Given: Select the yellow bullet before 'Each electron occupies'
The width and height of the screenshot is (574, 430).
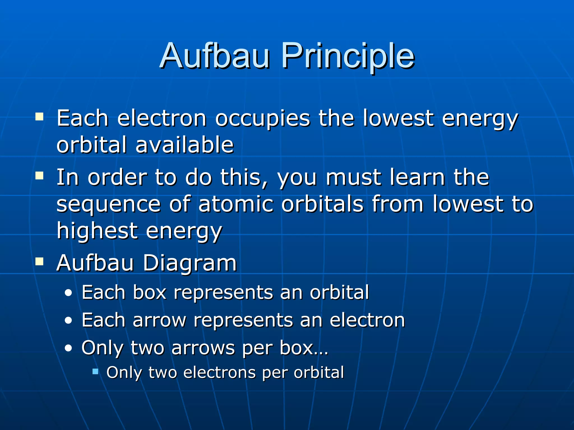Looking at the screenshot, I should coord(39,116).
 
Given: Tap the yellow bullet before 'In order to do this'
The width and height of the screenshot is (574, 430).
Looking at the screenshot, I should coord(39,176).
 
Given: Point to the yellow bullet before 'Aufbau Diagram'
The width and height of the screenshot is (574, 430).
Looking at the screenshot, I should coord(39,261).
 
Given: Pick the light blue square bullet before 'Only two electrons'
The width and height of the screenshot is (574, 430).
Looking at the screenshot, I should coord(95,371).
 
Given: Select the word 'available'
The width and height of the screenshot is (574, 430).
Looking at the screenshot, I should coord(184,145).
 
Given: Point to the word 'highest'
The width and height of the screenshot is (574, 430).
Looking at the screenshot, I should coord(97,231).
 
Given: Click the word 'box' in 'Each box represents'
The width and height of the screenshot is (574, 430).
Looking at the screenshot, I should coord(150,293).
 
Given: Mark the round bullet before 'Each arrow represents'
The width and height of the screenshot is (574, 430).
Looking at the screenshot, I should coord(68,321).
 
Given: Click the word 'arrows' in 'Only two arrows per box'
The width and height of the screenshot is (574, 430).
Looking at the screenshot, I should coord(203,348).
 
